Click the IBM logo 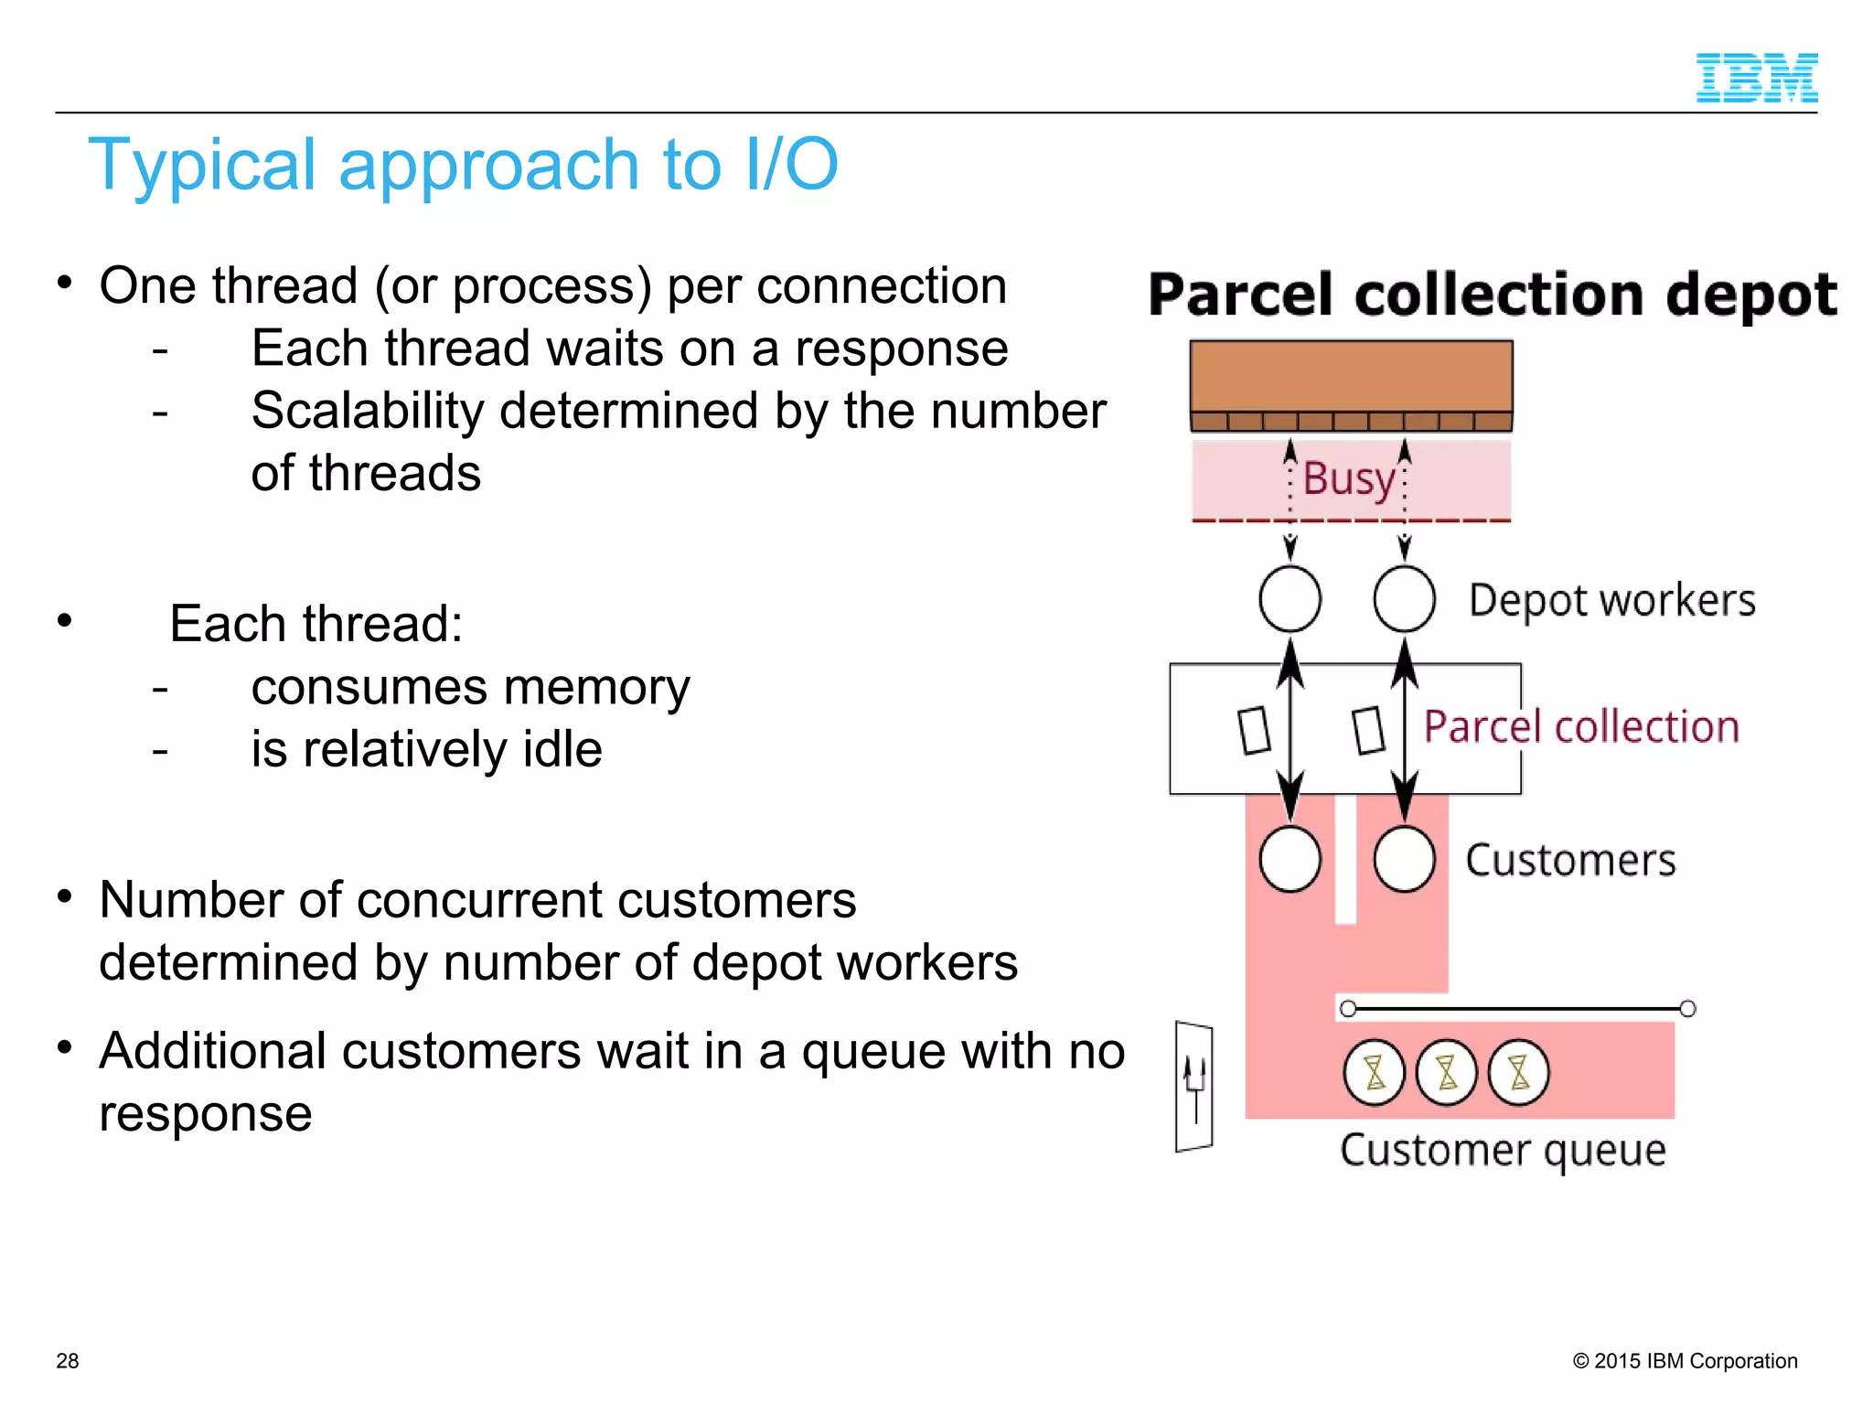(x=1756, y=78)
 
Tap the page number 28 (x=67, y=1360)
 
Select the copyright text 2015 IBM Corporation (x=1685, y=1360)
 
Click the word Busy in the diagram (x=1349, y=478)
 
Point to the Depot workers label (x=1611, y=601)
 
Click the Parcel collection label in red (x=1580, y=727)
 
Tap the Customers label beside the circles (x=1570, y=861)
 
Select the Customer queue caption (x=1502, y=1150)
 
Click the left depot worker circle (x=1290, y=599)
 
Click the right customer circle (x=1404, y=859)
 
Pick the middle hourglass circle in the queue (x=1446, y=1072)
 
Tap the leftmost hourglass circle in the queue (x=1374, y=1072)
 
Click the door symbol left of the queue (x=1194, y=1086)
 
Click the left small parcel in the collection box (x=1254, y=730)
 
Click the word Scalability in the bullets (x=367, y=411)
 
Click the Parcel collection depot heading (x=1493, y=295)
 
